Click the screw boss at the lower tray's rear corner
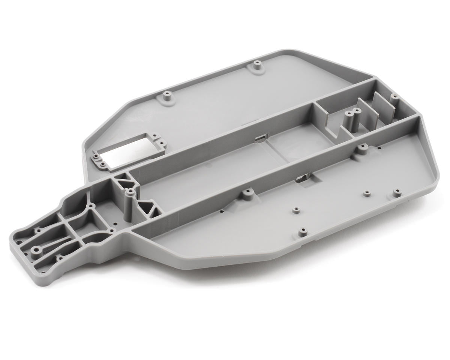[396, 193]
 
